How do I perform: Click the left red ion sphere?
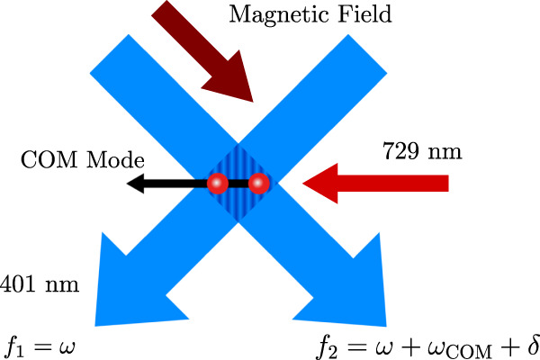[x=217, y=184]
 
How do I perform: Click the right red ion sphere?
[x=259, y=184]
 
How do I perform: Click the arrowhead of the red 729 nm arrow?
[x=318, y=184]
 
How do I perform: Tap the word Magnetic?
[x=262, y=13]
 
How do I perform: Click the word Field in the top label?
[x=337, y=13]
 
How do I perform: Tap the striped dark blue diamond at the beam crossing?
[x=238, y=185]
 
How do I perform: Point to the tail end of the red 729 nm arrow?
[x=445, y=184]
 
